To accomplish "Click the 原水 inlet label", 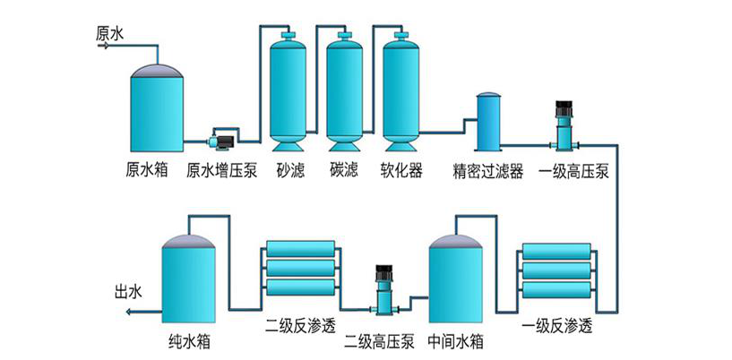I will (x=109, y=33).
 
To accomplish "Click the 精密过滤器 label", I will (x=489, y=170).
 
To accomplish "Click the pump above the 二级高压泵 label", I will (x=384, y=287).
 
